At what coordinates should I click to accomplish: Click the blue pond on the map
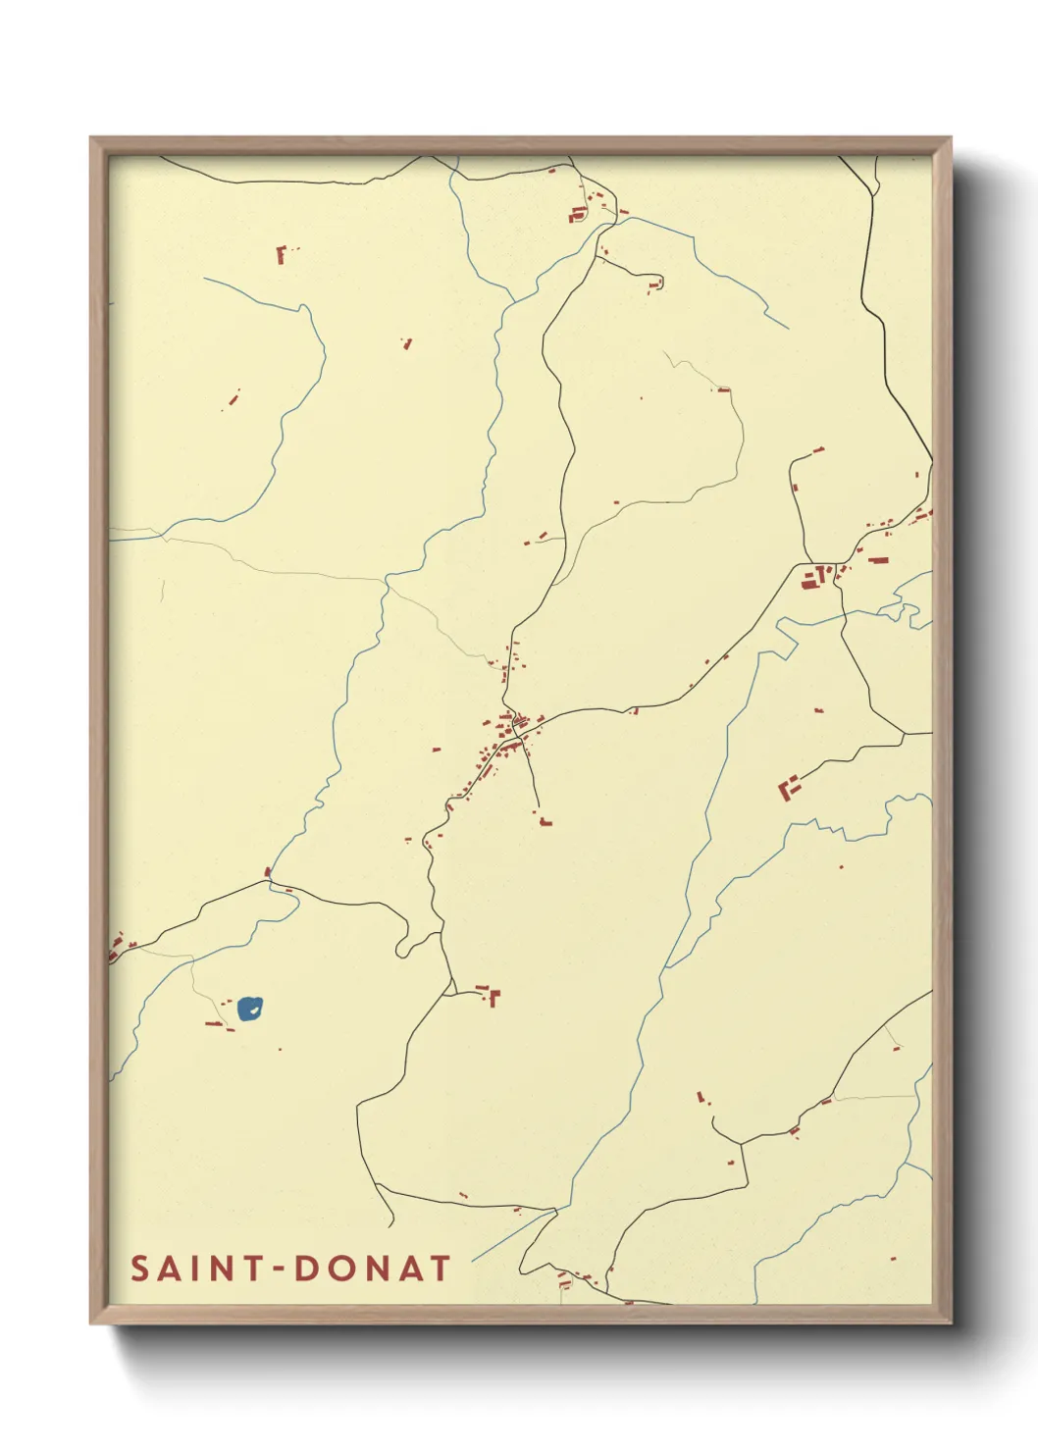pyautogui.click(x=249, y=1009)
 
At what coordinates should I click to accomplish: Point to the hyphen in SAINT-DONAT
pyautogui.click(x=279, y=1270)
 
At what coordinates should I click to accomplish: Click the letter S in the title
pyautogui.click(x=140, y=1269)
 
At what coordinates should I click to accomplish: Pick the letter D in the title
pyautogui.click(x=307, y=1269)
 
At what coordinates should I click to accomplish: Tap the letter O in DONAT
pyautogui.click(x=339, y=1269)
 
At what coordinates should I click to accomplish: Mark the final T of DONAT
pyautogui.click(x=440, y=1269)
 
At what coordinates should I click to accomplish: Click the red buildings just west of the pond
pyautogui.click(x=216, y=1024)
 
